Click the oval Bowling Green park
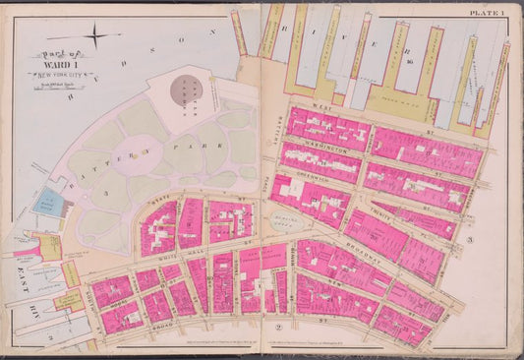pyautogui.click(x=285, y=222)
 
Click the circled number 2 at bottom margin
pyautogui.click(x=278, y=325)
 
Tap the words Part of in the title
pyautogui.click(x=59, y=55)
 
